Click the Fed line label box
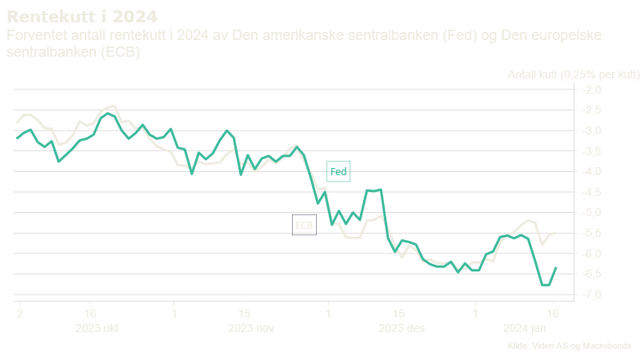click(338, 172)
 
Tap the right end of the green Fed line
click(556, 268)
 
